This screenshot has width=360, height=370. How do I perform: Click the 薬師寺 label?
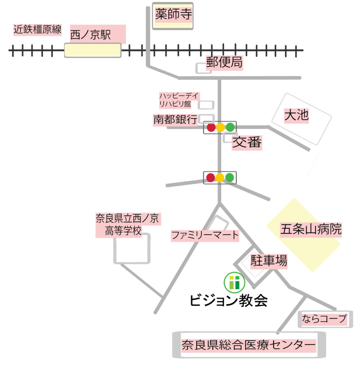pos(173,15)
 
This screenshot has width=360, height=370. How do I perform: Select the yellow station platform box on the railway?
pos(92,50)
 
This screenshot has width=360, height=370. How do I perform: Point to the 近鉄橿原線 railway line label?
pos(38,29)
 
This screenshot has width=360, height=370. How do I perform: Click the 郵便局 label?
pos(224,63)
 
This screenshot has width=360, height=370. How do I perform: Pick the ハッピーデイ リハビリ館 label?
pos(179,100)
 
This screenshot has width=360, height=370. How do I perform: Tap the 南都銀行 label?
pos(175,120)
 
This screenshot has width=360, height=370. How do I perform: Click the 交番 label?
pos(247,143)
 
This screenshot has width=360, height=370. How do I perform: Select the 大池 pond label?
pos(296,115)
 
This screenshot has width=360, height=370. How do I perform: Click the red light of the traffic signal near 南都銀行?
pos(211,127)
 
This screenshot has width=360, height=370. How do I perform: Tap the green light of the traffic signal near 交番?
pos(230,127)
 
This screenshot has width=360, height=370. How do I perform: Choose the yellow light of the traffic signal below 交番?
pos(220,177)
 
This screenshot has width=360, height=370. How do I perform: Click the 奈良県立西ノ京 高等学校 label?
pos(128,224)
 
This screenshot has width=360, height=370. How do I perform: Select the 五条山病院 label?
pos(311,229)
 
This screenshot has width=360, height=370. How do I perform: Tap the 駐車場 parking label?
pos(269,261)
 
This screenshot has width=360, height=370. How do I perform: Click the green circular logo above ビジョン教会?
pos(234,282)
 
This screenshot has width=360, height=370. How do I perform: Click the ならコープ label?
pos(325,319)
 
